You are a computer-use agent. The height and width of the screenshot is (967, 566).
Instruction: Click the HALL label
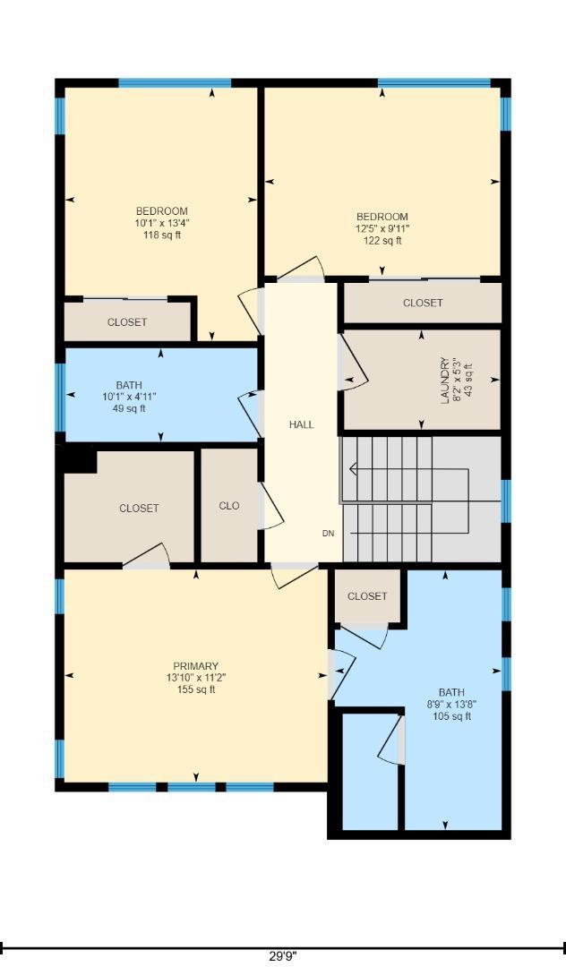[x=302, y=424]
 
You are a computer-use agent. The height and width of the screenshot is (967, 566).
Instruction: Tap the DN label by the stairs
[x=328, y=534]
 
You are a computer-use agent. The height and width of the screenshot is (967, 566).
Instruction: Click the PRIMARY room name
[x=195, y=666]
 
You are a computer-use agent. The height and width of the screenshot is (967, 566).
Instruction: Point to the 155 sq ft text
[x=196, y=689]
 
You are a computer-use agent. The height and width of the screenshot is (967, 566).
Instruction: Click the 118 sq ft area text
[x=161, y=235]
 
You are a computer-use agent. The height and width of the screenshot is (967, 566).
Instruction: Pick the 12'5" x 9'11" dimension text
[x=382, y=229]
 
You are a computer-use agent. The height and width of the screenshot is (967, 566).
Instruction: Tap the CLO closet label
[x=228, y=506]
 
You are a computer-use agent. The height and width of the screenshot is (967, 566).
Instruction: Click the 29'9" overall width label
[x=284, y=956]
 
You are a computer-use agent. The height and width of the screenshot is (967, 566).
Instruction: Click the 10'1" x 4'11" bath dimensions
[x=129, y=398]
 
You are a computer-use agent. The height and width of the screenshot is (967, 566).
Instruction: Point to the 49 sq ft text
[x=129, y=408]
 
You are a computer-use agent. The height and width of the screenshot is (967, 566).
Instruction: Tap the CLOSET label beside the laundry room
[x=423, y=303]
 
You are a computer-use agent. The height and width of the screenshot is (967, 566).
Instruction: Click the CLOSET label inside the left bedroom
[x=127, y=322]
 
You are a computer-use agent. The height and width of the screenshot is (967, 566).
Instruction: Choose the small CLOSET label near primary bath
[x=367, y=596]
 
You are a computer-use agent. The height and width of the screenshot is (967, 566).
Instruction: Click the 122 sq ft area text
[x=382, y=241]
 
